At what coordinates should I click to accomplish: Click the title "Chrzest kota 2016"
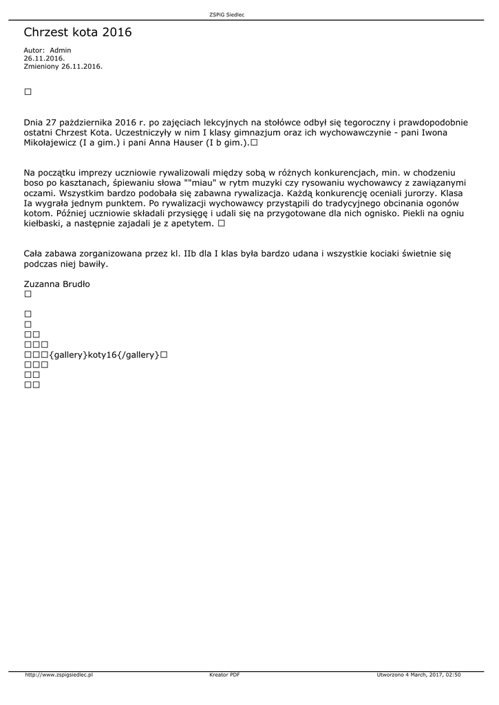click(x=77, y=32)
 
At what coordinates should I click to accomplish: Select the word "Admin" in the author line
click(x=61, y=50)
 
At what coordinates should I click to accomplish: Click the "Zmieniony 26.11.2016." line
click(x=63, y=66)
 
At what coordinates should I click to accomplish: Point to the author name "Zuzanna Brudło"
click(x=56, y=284)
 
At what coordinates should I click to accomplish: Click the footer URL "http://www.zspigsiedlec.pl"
click(x=59, y=675)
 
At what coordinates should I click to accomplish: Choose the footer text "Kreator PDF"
click(x=224, y=675)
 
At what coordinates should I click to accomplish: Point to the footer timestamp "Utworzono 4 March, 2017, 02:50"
click(x=418, y=675)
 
